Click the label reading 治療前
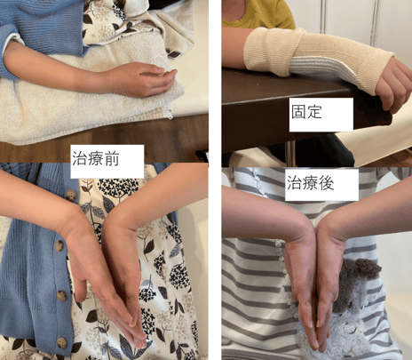96,159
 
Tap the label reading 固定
306,112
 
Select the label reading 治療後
311,183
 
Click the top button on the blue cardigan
71,196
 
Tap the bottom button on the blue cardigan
62,342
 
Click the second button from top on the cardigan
59,245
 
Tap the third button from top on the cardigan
61,296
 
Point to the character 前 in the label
112,159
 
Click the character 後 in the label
327,183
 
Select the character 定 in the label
314,112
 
